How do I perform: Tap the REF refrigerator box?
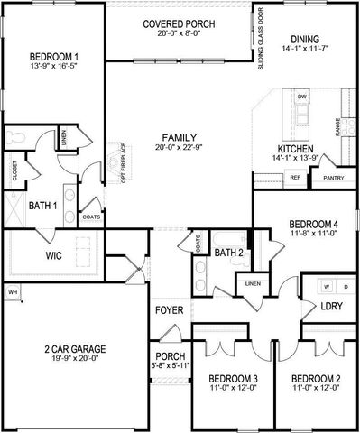[295, 178]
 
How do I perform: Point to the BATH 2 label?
[227, 253]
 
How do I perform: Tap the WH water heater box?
[13, 292]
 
